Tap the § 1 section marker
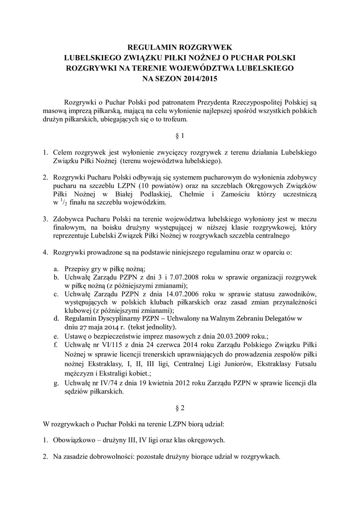pyautogui.click(x=180, y=135)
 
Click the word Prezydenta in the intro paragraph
pyautogui.click(x=186, y=102)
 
